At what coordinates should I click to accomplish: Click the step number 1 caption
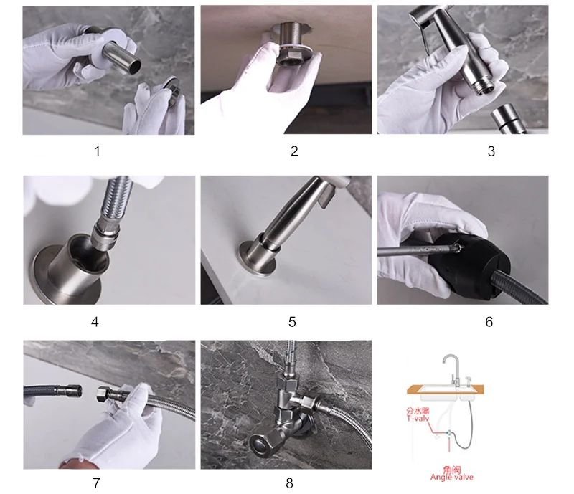click(97, 151)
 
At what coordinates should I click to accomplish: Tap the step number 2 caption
click(294, 151)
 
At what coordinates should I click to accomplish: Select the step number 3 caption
click(491, 151)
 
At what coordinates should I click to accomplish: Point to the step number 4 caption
click(95, 322)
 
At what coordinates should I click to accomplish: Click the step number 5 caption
click(292, 322)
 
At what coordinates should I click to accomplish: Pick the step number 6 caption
click(489, 322)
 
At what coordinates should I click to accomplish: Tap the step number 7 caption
click(96, 483)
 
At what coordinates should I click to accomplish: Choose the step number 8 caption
click(289, 483)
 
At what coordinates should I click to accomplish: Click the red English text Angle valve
click(452, 478)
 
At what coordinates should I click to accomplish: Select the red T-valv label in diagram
click(418, 418)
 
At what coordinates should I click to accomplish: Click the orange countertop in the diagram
click(445, 389)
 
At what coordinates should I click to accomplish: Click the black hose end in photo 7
click(53, 392)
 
